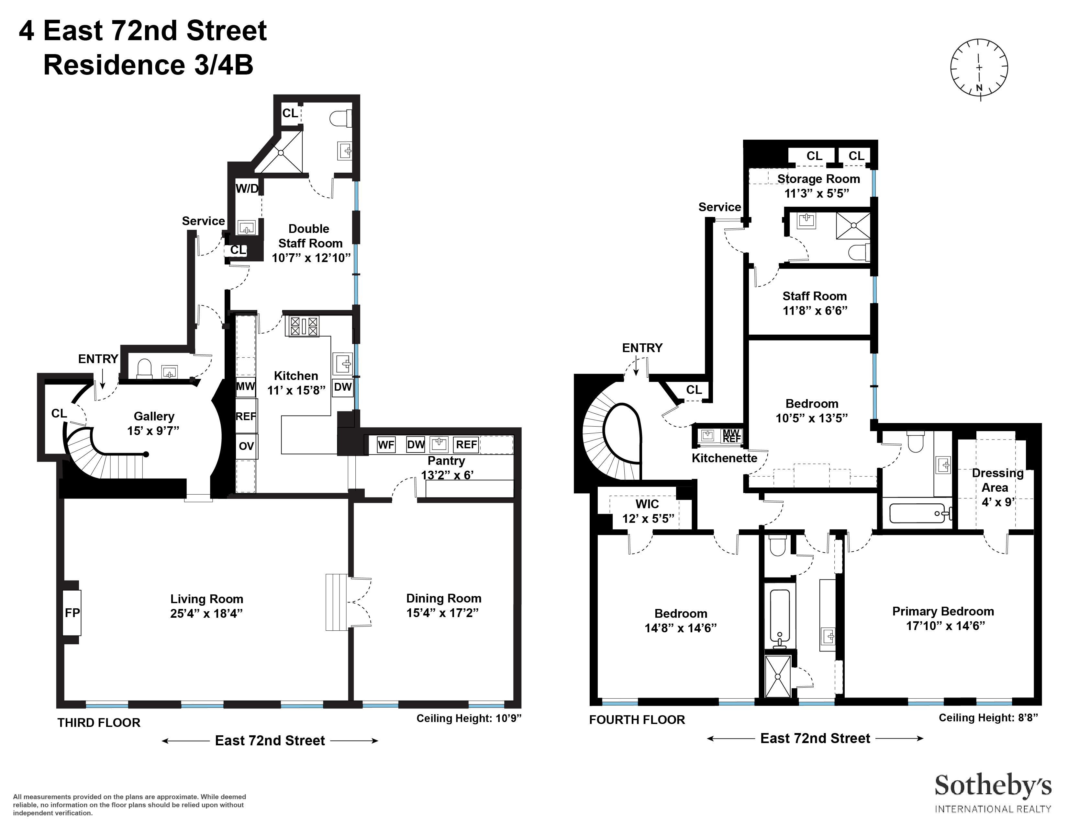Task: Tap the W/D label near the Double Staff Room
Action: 247,189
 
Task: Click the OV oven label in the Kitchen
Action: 246,446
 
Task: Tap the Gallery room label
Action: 154,417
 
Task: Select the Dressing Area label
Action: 997,480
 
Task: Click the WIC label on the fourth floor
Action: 647,504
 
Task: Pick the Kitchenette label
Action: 724,458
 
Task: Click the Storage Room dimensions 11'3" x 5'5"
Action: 817,193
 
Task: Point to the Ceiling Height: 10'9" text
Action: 469,718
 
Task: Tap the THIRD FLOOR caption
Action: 99,723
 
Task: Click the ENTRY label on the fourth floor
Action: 642,348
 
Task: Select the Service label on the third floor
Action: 204,221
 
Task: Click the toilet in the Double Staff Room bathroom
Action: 341,119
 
